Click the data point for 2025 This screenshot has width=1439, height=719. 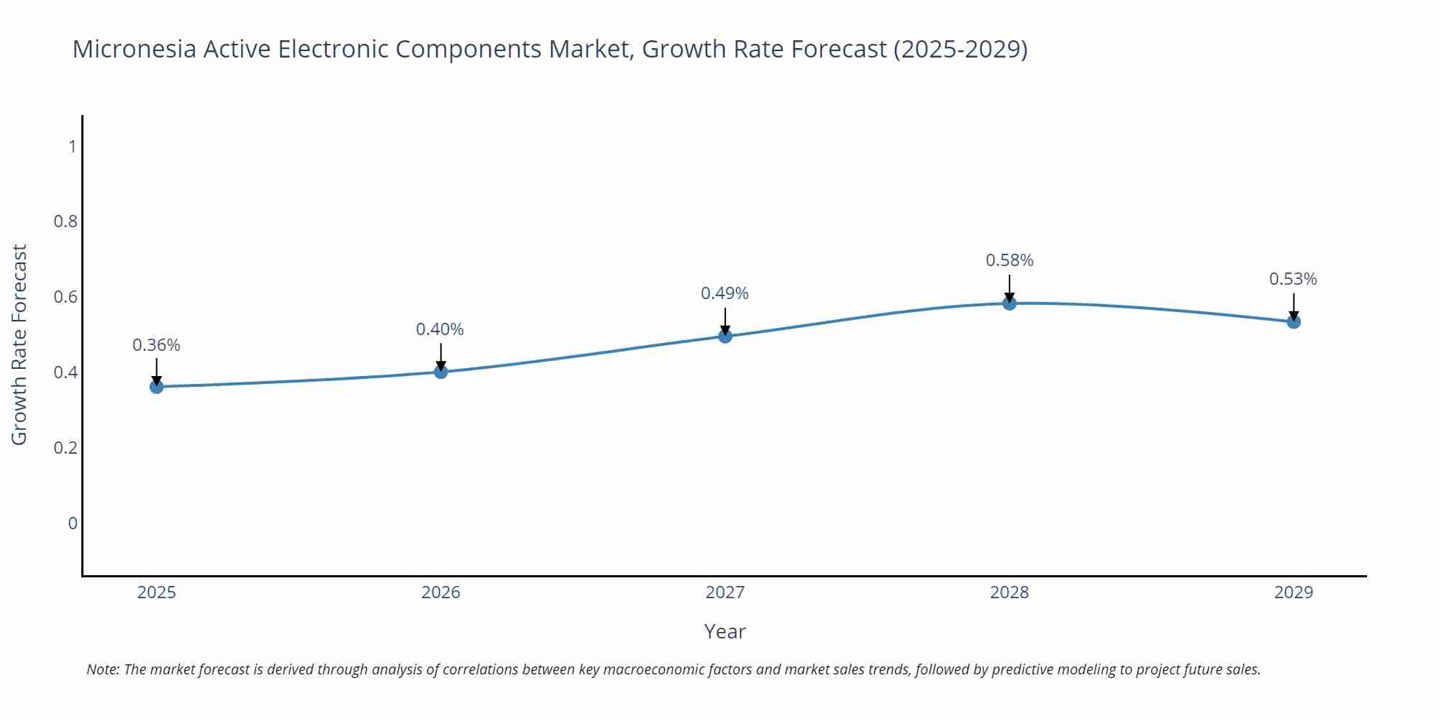156,387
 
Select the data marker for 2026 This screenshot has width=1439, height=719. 441,372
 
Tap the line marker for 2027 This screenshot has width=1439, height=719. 725,336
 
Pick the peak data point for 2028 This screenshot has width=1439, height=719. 1009,303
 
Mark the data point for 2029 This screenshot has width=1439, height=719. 1294,322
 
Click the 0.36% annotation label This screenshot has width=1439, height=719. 156,345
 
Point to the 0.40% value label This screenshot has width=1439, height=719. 440,329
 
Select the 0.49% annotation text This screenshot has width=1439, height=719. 725,293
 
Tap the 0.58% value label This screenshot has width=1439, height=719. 1009,260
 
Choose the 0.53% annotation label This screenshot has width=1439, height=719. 1293,279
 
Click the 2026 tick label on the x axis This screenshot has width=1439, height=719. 440,592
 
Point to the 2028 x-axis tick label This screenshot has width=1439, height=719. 1009,592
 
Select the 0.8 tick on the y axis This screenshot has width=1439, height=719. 66,221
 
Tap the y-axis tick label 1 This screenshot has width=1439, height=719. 72,147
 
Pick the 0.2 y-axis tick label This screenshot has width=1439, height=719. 66,448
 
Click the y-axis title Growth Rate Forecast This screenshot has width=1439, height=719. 19,344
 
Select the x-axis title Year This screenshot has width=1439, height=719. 725,631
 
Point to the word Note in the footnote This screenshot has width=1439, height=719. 101,669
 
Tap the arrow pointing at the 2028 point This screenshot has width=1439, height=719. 1009,289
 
